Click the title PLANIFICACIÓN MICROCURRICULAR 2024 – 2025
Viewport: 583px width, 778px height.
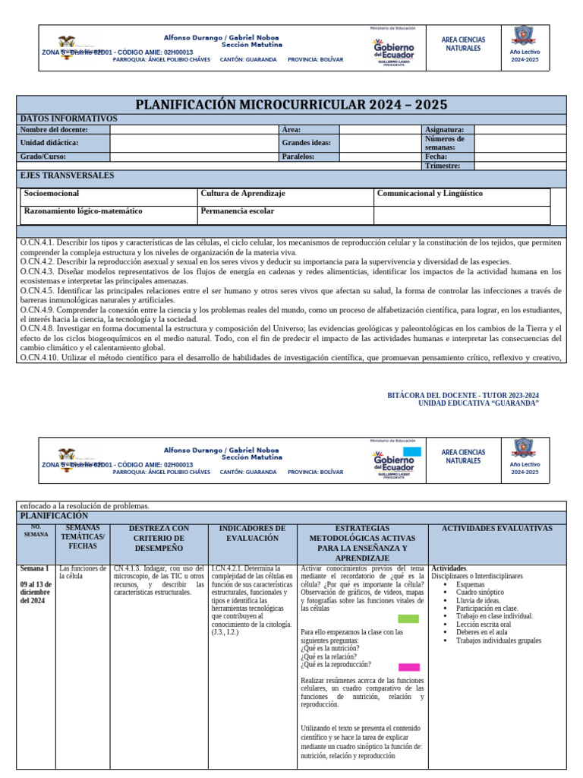[291, 104]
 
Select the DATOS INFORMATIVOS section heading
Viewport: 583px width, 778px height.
[68, 119]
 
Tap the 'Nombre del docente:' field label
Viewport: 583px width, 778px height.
[54, 130]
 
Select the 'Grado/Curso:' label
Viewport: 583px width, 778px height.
[43, 157]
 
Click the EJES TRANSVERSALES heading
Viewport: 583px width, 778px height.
[67, 176]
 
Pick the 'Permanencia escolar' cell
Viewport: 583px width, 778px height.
[238, 211]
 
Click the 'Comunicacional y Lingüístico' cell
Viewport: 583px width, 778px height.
[430, 194]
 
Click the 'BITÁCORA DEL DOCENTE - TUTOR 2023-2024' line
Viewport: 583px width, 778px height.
[463, 395]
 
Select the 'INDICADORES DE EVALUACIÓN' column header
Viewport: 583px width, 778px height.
[252, 533]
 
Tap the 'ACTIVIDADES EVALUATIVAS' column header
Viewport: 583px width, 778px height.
[497, 528]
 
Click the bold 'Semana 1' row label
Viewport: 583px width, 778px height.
[35, 568]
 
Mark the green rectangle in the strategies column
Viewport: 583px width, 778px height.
[408, 618]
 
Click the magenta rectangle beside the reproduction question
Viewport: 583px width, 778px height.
[408, 667]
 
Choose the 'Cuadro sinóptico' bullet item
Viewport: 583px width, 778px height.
[481, 592]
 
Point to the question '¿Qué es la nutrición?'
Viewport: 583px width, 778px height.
[330, 648]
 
